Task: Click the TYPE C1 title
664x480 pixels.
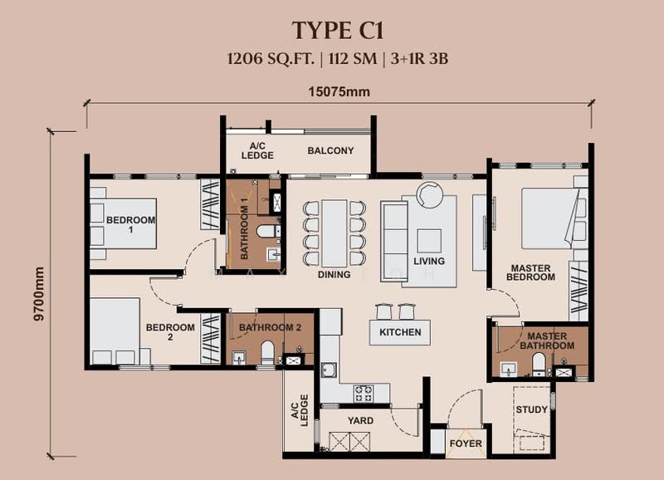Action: click(x=332, y=31)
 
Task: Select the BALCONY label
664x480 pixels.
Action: click(x=330, y=151)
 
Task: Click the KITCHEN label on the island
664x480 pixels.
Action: click(x=400, y=332)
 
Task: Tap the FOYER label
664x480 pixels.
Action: click(x=466, y=443)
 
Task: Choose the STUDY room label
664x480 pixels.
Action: click(x=531, y=409)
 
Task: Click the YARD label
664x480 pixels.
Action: click(x=360, y=421)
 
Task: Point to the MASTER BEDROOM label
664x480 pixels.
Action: click(x=532, y=272)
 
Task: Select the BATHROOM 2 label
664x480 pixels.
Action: click(x=270, y=328)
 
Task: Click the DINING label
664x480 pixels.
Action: click(x=334, y=274)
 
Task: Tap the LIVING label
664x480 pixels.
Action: click(x=428, y=261)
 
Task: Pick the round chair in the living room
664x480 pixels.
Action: click(x=431, y=196)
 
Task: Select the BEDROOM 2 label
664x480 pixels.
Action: click(x=170, y=332)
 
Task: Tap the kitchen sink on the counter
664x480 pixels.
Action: click(x=330, y=370)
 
